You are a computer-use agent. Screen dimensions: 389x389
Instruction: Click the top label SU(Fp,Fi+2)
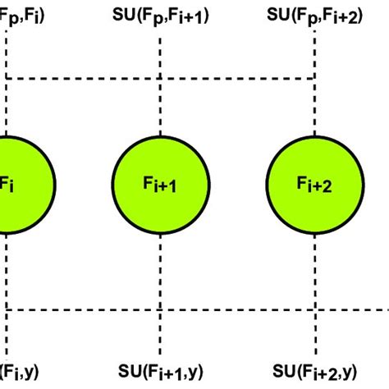[x=314, y=15]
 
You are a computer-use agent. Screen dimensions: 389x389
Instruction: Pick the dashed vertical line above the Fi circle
[x=7, y=107]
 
